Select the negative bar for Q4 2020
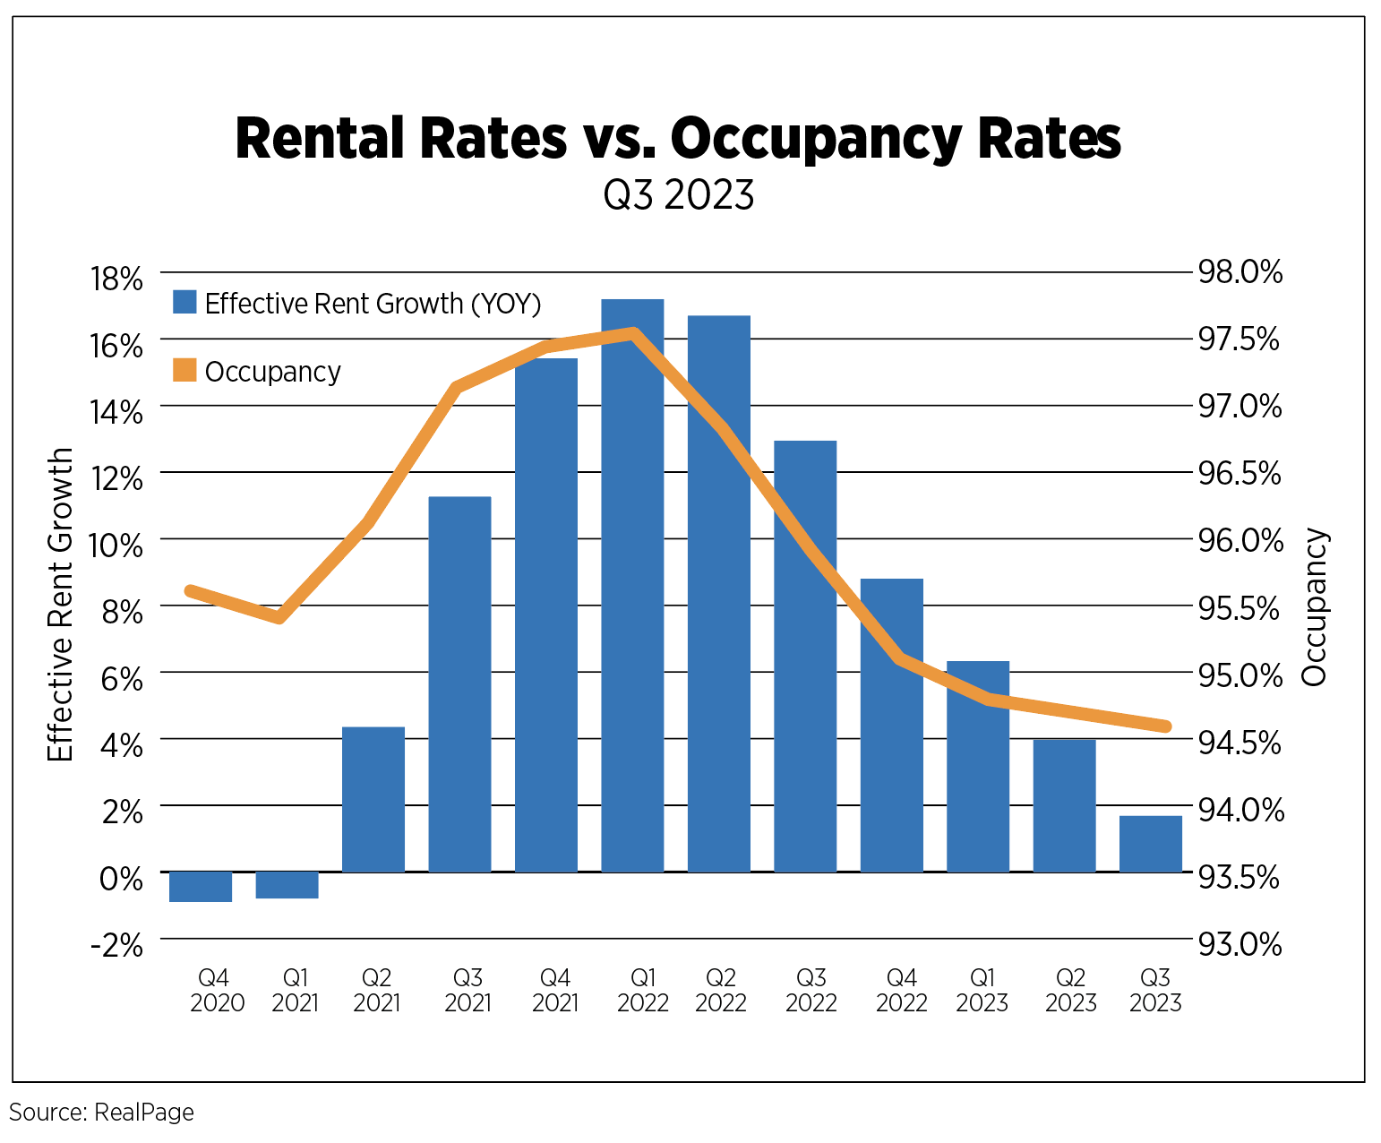[201, 887]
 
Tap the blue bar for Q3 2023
[1151, 844]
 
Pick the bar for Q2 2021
[373, 799]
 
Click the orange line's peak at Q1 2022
[633, 334]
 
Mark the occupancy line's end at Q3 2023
[1165, 726]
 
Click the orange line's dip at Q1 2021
[279, 617]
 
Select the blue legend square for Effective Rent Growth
[184, 302]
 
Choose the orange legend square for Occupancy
[184, 370]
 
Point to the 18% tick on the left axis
[116, 279]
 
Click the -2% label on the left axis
[116, 946]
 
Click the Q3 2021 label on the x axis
[467, 990]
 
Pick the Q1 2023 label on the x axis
[982, 990]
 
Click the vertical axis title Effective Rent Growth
[60, 606]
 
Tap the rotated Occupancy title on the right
[1315, 608]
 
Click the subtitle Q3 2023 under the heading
[678, 195]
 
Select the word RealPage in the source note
[143, 1113]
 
